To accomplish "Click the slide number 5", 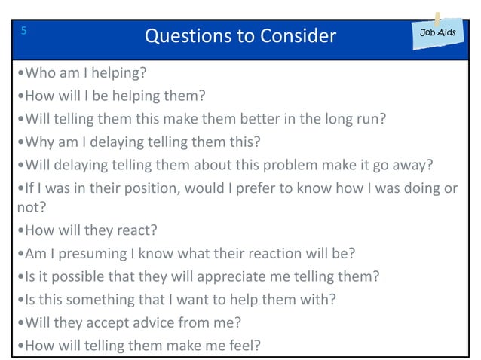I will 25,31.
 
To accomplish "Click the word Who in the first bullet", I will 39,73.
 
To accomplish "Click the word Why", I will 38,142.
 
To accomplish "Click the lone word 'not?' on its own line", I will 29,208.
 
